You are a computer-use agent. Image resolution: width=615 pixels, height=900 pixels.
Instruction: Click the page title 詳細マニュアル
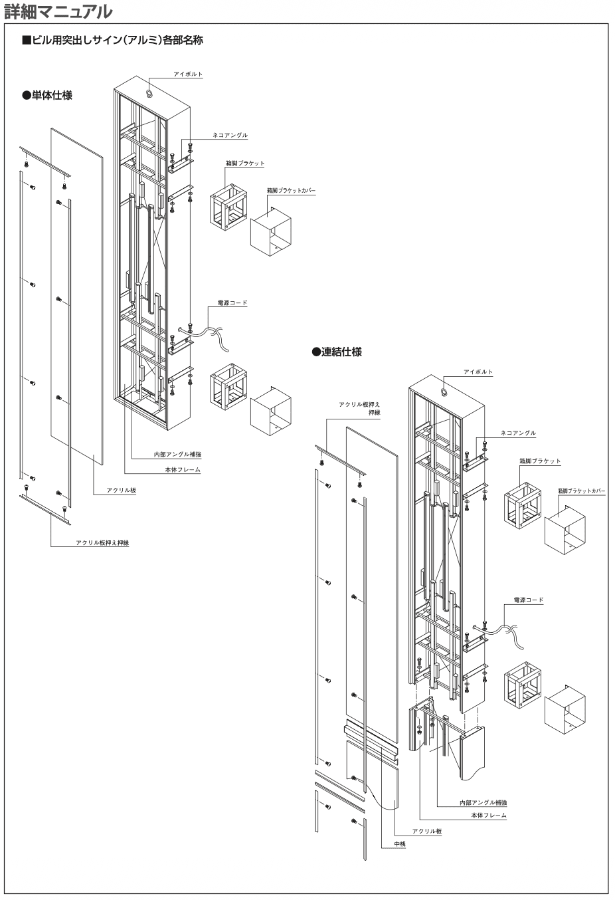point(58,11)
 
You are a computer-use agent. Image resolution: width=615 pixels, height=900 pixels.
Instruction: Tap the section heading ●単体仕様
point(47,95)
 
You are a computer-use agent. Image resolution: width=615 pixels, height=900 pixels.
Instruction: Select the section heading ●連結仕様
point(337,352)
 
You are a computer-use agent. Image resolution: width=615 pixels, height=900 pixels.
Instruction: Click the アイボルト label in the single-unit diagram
point(188,74)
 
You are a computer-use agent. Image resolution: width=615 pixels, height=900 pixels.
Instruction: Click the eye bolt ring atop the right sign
point(445,392)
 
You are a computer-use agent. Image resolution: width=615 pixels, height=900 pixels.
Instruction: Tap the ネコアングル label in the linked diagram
point(518,433)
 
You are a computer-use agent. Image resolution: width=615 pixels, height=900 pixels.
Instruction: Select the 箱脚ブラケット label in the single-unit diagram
point(245,163)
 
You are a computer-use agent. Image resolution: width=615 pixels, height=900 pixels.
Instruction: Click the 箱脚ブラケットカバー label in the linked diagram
point(581,491)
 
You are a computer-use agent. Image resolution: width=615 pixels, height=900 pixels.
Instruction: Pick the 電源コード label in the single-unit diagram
point(232,302)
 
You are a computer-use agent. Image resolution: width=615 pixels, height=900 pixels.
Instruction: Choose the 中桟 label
point(400,844)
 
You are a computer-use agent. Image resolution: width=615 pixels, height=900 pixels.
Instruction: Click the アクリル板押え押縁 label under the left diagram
point(102,543)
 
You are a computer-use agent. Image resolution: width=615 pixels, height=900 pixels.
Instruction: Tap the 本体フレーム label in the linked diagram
point(489,815)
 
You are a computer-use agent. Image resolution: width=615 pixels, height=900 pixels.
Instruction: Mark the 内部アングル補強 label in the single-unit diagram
point(177,455)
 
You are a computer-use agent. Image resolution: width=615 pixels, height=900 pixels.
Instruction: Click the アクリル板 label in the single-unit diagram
point(122,490)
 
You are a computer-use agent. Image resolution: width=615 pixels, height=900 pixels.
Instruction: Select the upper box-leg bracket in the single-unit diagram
point(228,207)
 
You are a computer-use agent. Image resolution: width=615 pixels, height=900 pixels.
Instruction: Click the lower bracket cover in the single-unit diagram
point(270,411)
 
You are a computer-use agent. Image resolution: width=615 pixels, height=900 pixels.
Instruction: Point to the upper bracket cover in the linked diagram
point(565,530)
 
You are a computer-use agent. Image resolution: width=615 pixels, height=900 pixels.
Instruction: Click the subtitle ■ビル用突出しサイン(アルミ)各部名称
point(112,40)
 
